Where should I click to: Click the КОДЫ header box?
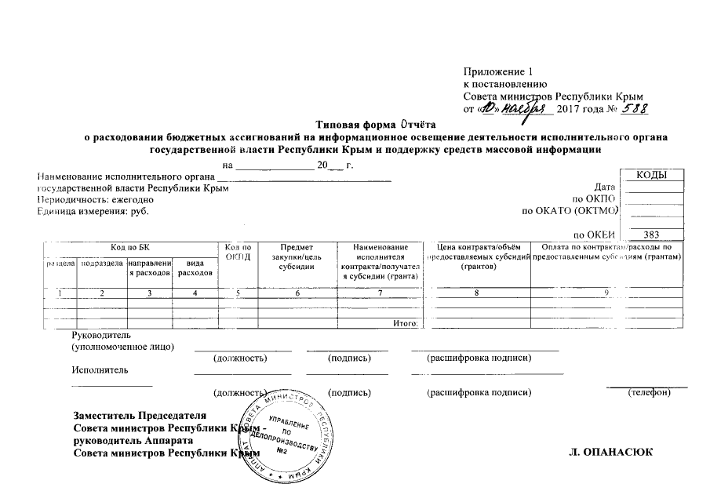click(652, 175)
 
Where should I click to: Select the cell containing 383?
click(652, 234)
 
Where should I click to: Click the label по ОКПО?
click(597, 199)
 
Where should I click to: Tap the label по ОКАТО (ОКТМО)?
click(570, 211)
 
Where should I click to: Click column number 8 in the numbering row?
click(475, 293)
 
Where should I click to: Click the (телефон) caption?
click(648, 391)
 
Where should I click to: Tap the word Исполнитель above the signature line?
click(97, 369)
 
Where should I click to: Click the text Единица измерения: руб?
click(92, 212)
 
